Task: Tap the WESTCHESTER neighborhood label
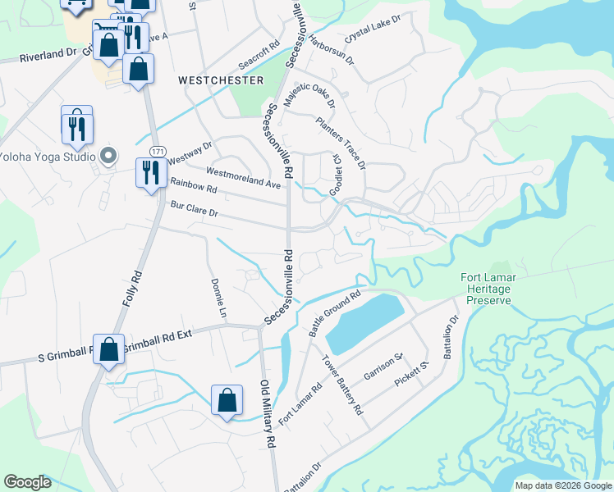[221, 80]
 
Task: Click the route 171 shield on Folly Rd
[158, 151]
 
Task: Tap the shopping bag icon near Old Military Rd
[227, 401]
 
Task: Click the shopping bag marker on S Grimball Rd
[108, 350]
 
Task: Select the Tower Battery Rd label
[342, 385]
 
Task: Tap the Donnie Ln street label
[218, 297]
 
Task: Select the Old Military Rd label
[266, 414]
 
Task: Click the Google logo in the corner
[28, 482]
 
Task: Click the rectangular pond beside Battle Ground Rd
[365, 321]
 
